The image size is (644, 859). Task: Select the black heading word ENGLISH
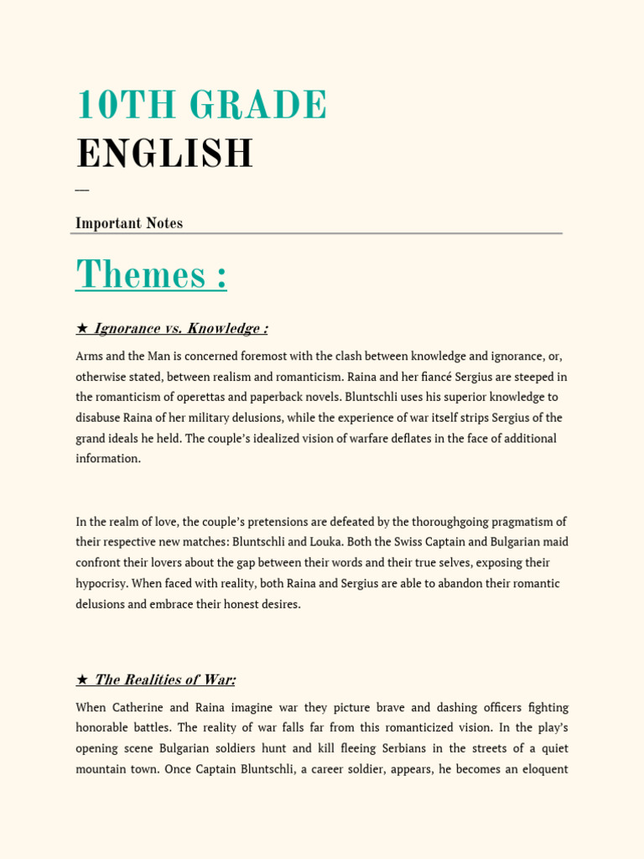164,154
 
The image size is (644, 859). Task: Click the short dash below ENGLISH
81,190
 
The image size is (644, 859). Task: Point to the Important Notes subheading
129,223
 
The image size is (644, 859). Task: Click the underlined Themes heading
151,274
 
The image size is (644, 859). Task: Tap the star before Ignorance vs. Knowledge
81,329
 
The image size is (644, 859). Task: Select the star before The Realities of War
81,680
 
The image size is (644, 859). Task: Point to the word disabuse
99,418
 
